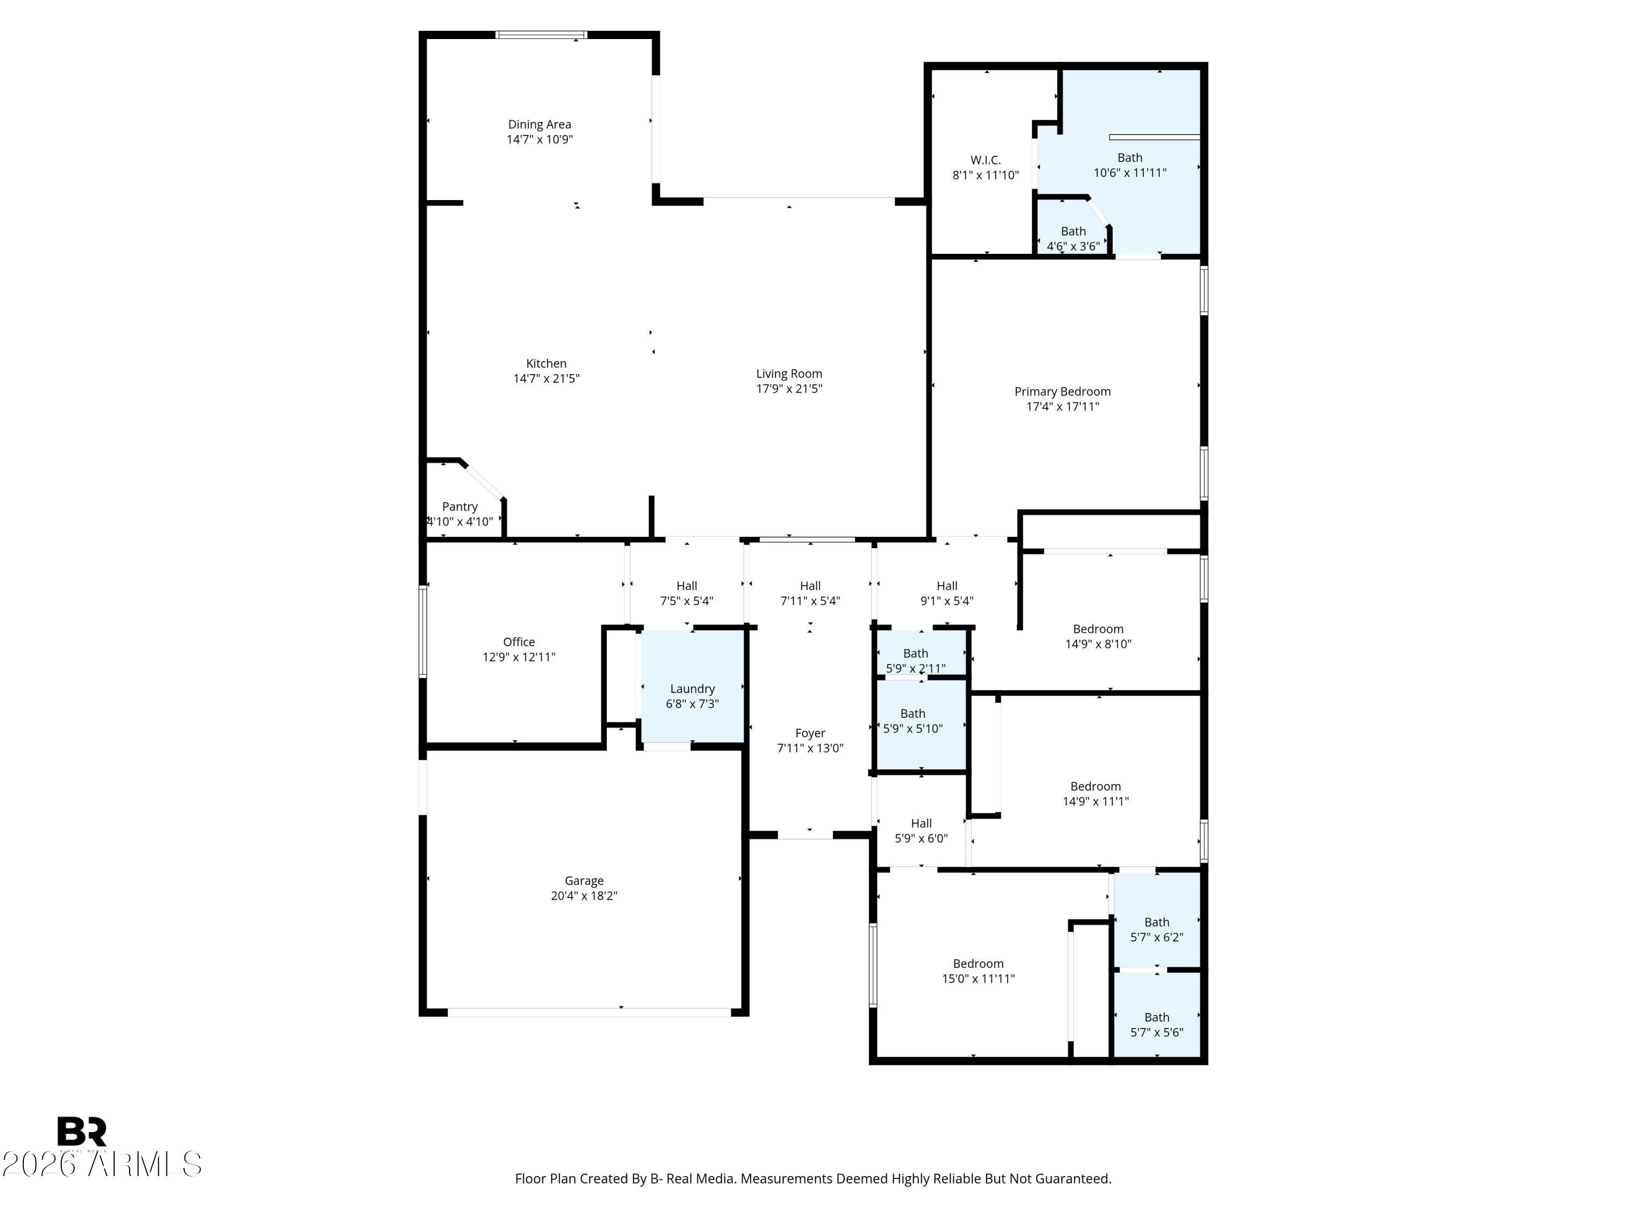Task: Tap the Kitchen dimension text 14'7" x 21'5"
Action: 546,378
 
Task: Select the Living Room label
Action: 789,374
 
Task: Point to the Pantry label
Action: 460,506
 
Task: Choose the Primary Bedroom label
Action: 1062,391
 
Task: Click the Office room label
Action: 518,642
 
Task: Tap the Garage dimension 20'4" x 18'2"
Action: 584,896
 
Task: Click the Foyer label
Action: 810,733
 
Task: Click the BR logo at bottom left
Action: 82,1131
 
